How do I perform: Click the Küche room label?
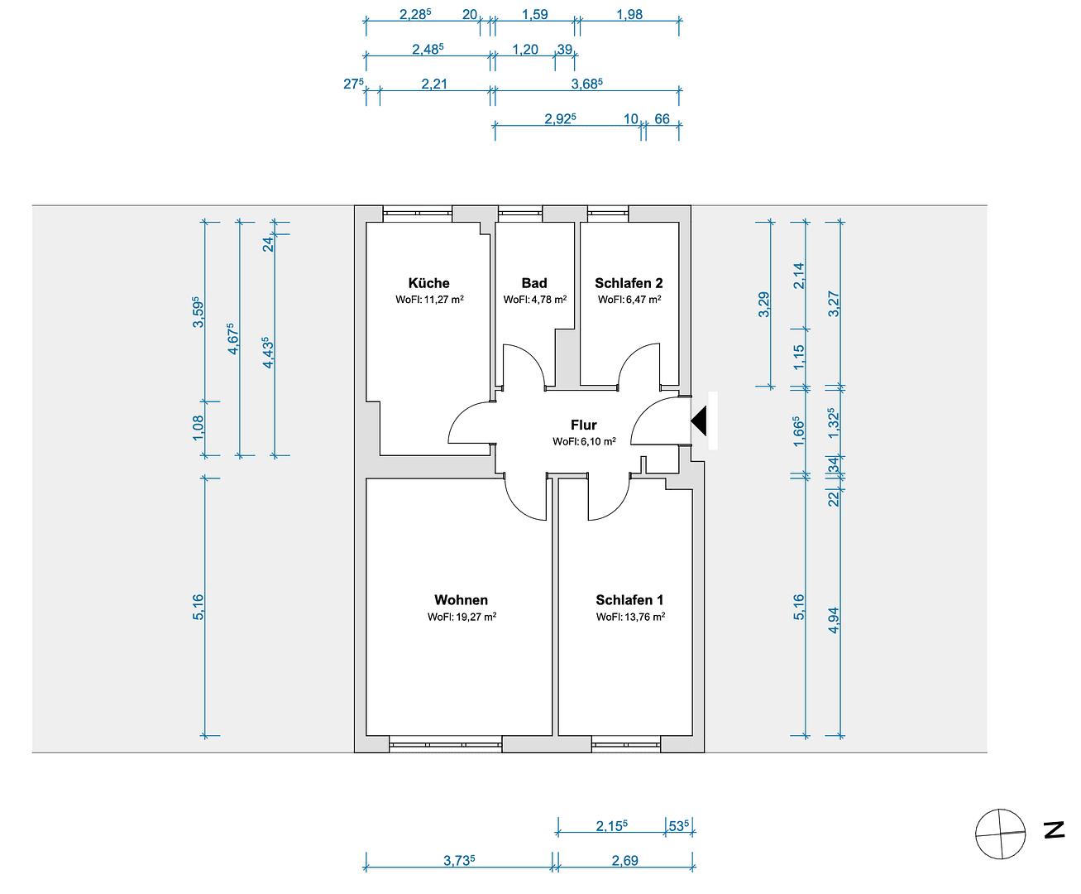coord(428,283)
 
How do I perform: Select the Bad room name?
coord(534,283)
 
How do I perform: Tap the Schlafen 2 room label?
coord(629,283)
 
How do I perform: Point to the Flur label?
coord(583,425)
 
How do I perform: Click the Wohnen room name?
coord(461,599)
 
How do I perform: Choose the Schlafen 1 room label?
coord(629,599)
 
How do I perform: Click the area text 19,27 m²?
coord(476,617)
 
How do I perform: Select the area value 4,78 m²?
coord(549,300)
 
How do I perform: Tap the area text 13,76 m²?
coord(644,617)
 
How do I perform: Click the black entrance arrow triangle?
coord(700,421)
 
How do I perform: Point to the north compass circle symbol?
coord(1000,834)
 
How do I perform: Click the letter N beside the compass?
coord(1054,829)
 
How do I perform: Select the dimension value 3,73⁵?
coord(459,861)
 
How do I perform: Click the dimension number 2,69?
coord(625,861)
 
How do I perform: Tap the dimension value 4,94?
coord(834,620)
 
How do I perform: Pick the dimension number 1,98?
coord(629,15)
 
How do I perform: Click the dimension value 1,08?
coord(199,428)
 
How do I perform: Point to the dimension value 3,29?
coord(764,305)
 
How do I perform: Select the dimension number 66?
coord(662,119)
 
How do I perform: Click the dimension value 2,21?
coord(434,84)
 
